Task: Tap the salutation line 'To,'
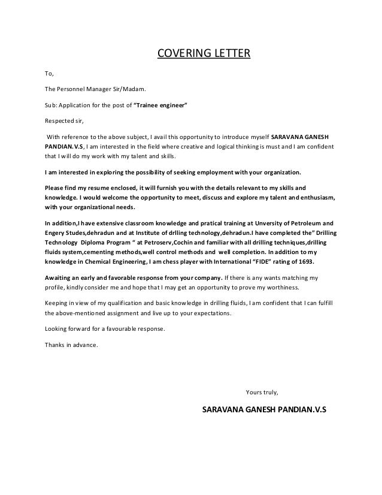pos(49,75)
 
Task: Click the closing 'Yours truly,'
pos(262,393)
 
